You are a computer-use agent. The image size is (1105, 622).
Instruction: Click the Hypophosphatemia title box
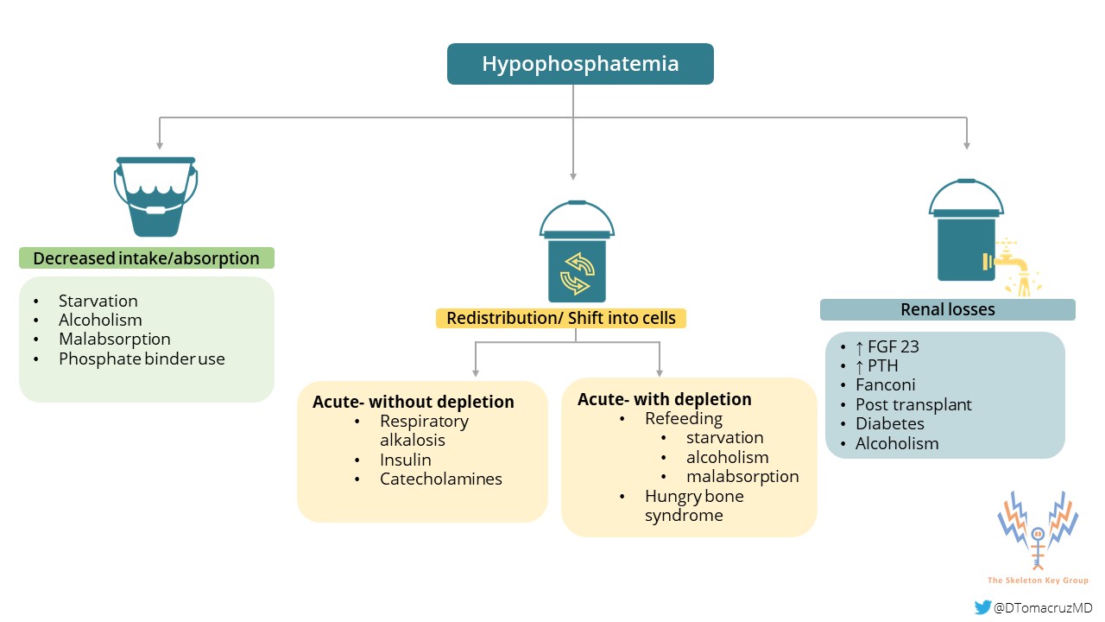[580, 64]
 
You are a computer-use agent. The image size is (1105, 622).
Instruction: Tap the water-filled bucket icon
[155, 197]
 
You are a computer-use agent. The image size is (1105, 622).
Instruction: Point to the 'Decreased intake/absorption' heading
[146, 258]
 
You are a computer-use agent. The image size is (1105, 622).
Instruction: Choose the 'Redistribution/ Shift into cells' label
[560, 318]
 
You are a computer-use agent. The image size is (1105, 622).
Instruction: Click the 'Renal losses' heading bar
[947, 309]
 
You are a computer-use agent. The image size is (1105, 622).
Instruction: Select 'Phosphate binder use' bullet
[142, 359]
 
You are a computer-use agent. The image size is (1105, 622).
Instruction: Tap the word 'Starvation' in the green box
[98, 301]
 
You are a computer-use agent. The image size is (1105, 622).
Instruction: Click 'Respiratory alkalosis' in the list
[424, 430]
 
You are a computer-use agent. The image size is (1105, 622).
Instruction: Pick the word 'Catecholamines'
[440, 479]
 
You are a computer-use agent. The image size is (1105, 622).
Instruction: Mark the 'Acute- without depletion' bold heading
[414, 402]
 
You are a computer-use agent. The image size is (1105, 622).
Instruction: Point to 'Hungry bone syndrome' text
[693, 505]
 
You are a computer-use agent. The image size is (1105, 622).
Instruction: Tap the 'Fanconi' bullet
[885, 385]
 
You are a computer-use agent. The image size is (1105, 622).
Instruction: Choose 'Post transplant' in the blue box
[913, 404]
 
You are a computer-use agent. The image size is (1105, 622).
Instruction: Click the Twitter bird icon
[982, 607]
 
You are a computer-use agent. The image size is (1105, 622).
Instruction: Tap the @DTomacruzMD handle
[1043, 608]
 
